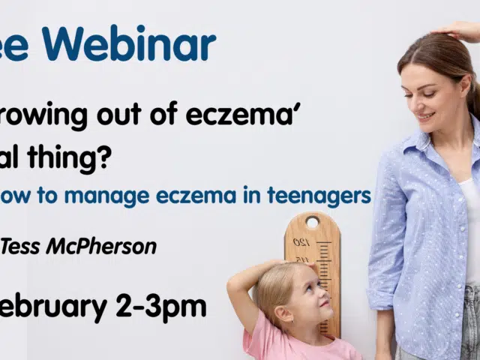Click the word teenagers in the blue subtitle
(322, 196)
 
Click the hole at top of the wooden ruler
(312, 223)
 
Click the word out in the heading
(112, 115)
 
